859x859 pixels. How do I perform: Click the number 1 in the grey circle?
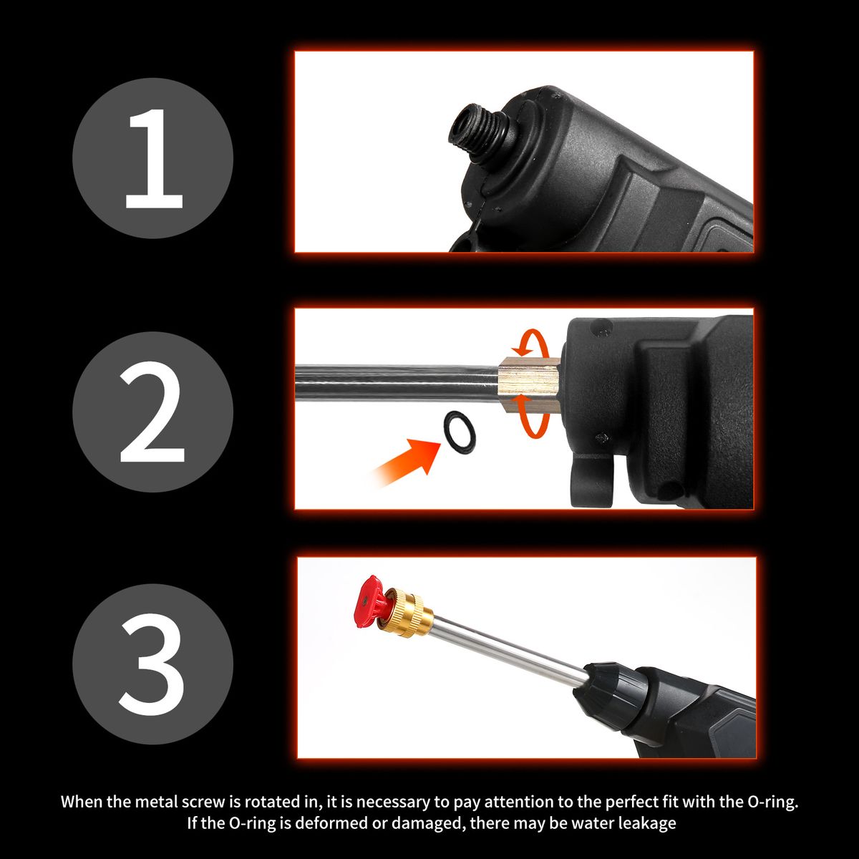(154, 159)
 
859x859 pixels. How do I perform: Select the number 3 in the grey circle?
(152, 666)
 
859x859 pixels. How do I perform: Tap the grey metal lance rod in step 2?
(397, 380)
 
